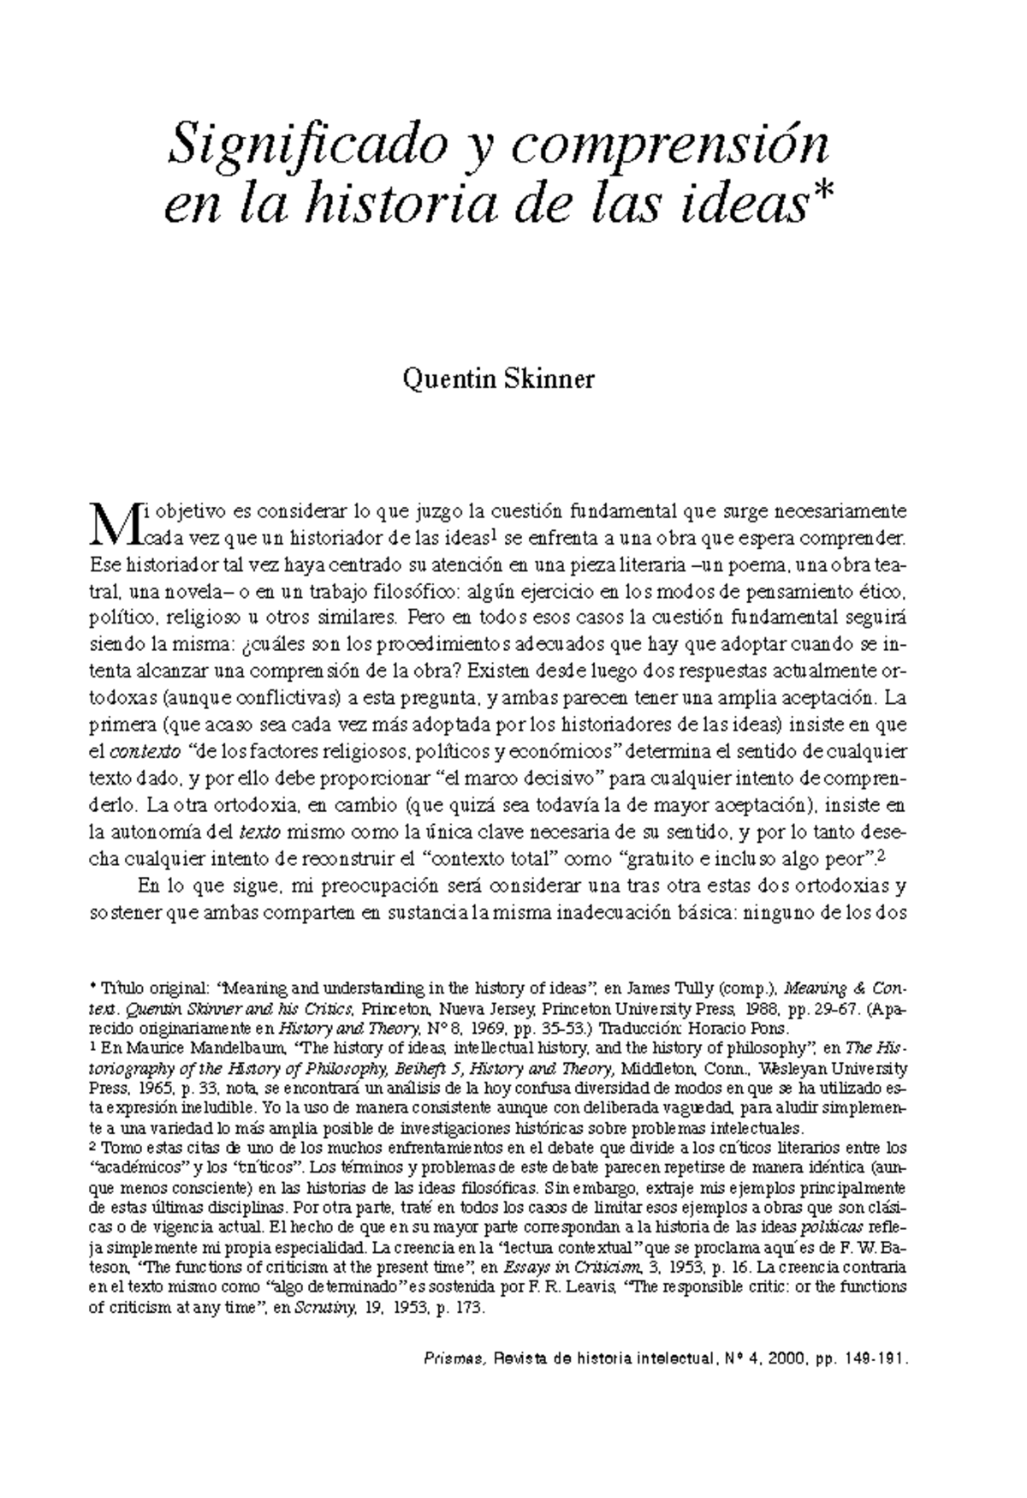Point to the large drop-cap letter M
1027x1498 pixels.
click(115, 525)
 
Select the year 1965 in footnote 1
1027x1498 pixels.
click(157, 1087)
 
